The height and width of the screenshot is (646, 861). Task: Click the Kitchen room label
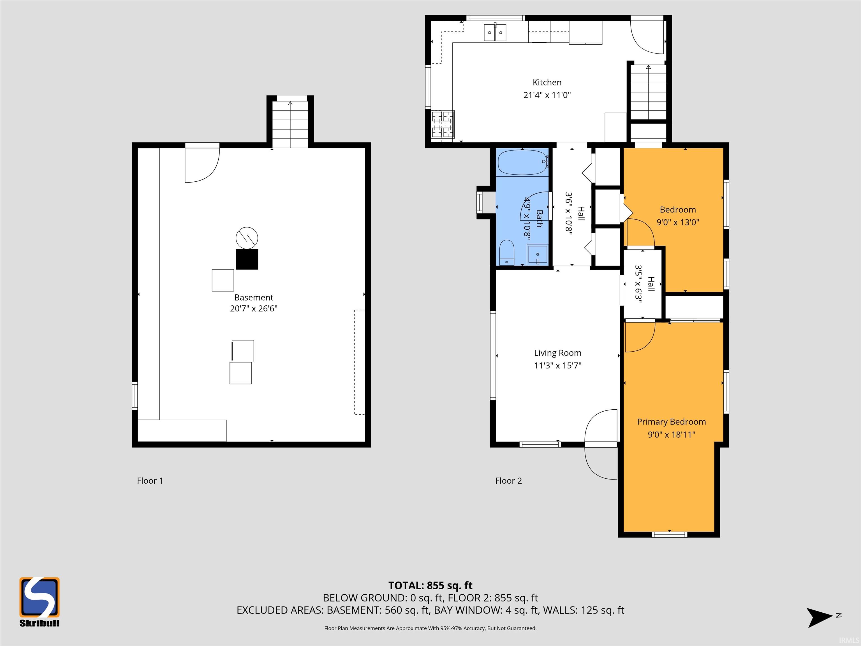[x=547, y=82]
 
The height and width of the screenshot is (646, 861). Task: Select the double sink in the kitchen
[x=495, y=32]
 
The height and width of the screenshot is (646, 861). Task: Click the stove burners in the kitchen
[x=443, y=124]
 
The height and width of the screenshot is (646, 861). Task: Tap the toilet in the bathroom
[x=507, y=252]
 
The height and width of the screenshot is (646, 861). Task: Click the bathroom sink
[x=538, y=254]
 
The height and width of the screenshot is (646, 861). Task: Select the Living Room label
[x=557, y=353]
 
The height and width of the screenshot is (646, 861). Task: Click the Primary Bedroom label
[x=672, y=422]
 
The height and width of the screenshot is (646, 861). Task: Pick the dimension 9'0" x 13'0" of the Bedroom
[x=678, y=222]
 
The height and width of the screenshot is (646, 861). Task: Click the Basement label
[x=254, y=297]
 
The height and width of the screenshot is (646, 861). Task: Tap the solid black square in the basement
[x=247, y=259]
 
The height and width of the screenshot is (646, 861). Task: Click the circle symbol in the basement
[x=247, y=238]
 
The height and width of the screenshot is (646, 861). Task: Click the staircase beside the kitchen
[x=648, y=92]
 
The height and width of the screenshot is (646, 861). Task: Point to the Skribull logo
[x=39, y=602]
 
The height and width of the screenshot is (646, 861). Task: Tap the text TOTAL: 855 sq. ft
[x=430, y=586]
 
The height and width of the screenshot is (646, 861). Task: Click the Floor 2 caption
[x=508, y=481]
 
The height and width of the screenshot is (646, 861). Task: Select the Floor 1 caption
[x=150, y=481]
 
